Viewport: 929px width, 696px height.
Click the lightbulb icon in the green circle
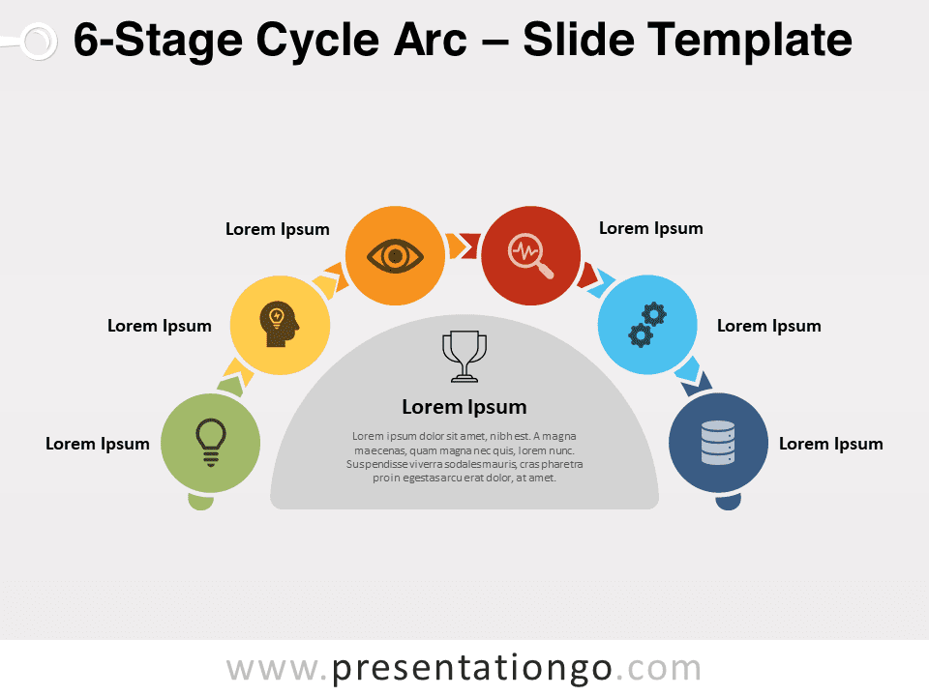tap(211, 443)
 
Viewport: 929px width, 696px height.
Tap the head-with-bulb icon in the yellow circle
tap(279, 325)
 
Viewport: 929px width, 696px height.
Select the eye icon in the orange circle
tap(395, 256)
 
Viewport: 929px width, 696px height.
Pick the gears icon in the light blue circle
tap(647, 325)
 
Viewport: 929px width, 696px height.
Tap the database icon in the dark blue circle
tap(718, 443)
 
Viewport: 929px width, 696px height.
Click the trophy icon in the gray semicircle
tap(464, 357)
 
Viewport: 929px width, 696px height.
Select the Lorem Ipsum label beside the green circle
tap(98, 444)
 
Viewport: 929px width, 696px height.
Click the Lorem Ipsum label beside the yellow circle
tap(160, 326)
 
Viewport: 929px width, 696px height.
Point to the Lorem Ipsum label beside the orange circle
tap(278, 230)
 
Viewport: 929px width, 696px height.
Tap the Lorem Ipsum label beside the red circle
tap(651, 228)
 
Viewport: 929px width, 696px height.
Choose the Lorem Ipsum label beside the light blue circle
tap(769, 326)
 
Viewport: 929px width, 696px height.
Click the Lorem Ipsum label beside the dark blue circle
tap(830, 444)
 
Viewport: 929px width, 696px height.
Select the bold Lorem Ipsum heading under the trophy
tap(464, 407)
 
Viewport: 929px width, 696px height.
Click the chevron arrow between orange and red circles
tap(464, 246)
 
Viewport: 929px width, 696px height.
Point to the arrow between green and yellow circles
tap(236, 377)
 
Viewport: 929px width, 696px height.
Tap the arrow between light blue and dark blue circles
tap(693, 376)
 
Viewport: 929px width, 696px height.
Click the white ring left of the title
tap(39, 42)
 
